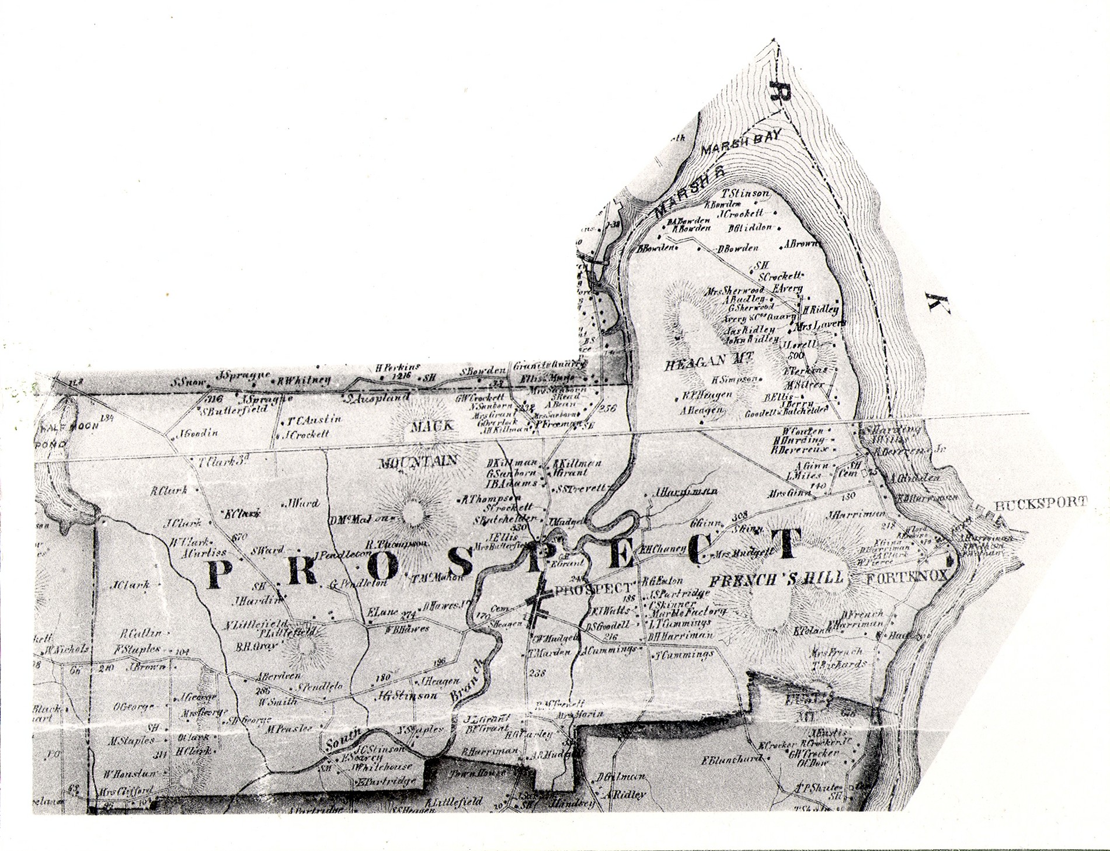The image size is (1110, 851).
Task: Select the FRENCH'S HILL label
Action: point(777,579)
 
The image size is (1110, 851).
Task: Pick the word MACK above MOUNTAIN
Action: point(432,426)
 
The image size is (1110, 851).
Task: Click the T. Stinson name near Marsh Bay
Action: point(746,194)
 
